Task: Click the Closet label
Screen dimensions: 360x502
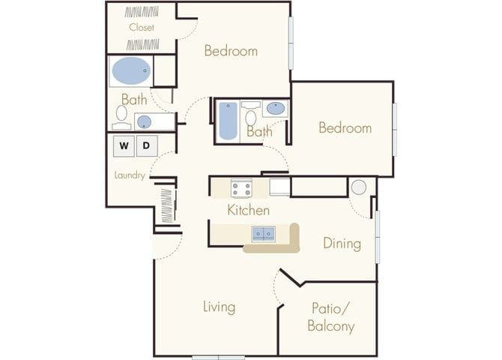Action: point(141,28)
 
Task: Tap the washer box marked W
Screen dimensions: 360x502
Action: point(124,145)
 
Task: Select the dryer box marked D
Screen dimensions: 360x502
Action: point(147,145)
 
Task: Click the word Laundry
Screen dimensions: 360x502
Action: point(130,175)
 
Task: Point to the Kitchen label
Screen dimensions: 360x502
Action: point(248,211)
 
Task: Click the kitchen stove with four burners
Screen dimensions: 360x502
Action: point(241,187)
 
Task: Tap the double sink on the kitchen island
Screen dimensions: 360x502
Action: point(263,234)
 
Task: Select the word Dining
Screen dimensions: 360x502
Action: point(342,244)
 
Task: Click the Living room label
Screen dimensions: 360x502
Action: point(219,307)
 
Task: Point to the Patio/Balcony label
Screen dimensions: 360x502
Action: point(330,317)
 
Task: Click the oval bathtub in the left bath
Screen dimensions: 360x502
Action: point(131,72)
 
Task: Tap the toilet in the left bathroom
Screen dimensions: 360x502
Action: point(121,113)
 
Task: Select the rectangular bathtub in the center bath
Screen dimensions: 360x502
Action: point(228,120)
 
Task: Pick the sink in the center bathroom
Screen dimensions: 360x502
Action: point(275,109)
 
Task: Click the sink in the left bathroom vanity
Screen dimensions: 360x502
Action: point(144,121)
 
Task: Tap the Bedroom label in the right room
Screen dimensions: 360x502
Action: point(345,128)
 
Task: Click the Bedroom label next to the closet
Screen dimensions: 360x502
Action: point(231,51)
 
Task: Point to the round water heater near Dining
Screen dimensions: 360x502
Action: point(359,187)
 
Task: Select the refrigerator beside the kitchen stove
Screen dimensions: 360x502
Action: point(280,187)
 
